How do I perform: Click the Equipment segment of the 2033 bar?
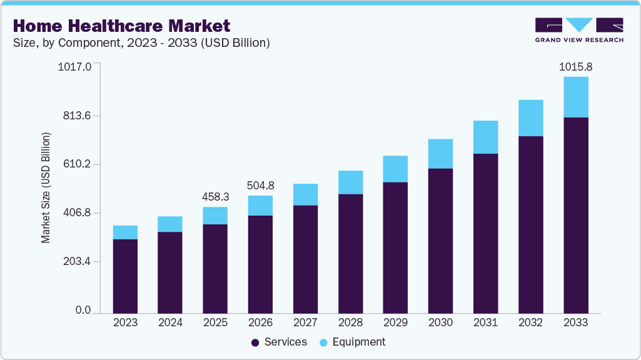click(x=575, y=97)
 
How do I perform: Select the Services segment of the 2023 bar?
click(x=125, y=276)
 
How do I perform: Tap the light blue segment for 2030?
click(x=440, y=154)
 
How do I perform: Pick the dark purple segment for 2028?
click(x=350, y=253)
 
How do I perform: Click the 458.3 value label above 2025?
click(x=215, y=197)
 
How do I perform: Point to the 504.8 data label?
click(x=260, y=186)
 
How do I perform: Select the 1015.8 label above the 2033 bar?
click(x=575, y=67)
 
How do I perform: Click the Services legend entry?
click(x=278, y=342)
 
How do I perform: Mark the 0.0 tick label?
click(x=83, y=311)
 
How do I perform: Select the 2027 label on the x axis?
click(x=305, y=323)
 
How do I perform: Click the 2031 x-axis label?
click(x=485, y=323)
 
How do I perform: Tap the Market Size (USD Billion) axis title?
click(x=46, y=188)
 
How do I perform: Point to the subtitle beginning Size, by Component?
click(x=141, y=43)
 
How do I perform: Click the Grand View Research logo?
click(x=579, y=30)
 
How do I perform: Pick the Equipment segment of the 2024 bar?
click(x=170, y=224)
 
